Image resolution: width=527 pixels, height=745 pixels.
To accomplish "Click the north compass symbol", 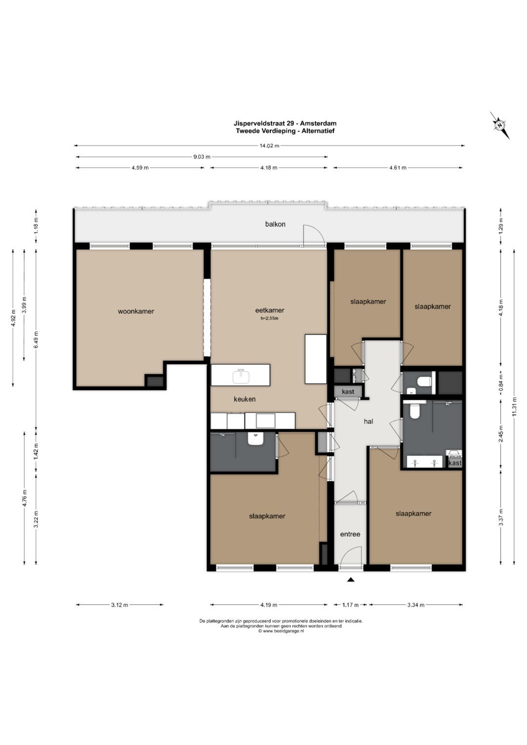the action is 500,125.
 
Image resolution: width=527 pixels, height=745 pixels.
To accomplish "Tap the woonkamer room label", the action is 136,312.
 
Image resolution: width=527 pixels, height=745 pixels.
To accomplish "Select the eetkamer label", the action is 269,310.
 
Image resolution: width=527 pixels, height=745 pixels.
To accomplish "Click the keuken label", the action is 244,399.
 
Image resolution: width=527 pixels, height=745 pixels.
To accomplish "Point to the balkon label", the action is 275,224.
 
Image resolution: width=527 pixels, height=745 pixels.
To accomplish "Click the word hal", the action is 368,422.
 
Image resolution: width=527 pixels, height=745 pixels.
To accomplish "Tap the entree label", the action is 350,534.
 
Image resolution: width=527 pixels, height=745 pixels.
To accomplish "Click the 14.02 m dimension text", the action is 269,145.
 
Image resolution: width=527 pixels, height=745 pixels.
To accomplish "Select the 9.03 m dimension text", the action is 202,157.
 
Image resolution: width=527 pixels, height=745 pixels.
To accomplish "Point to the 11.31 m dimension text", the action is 514,407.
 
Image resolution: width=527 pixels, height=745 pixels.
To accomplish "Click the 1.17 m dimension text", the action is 350,605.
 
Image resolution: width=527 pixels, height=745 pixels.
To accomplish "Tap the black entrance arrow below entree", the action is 350,580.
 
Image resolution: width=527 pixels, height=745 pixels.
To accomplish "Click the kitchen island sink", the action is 242,377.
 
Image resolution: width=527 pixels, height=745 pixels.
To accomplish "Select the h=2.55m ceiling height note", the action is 269,318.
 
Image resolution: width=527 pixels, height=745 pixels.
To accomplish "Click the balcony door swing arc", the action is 316,232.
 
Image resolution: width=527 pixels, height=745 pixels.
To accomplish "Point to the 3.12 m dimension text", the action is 120,605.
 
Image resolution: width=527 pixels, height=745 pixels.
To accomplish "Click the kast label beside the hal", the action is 348,392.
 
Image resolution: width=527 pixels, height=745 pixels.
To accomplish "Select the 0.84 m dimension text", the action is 501,383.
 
